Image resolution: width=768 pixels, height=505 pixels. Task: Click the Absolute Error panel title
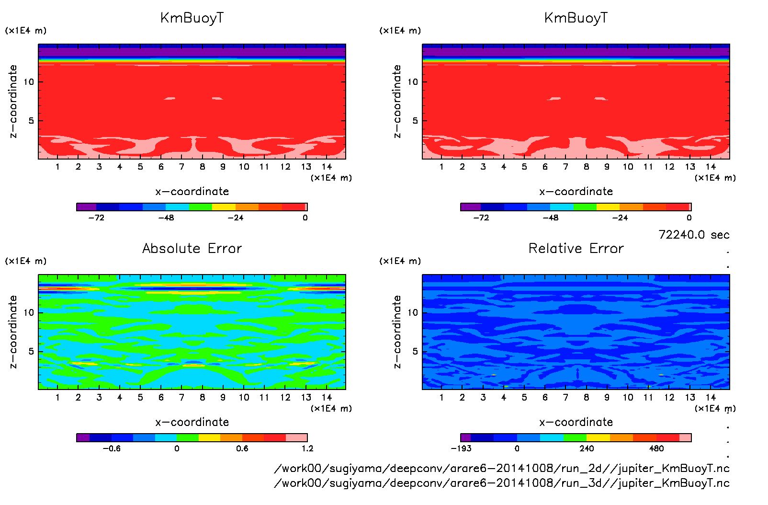(192, 248)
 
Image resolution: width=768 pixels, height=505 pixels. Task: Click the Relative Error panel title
(576, 248)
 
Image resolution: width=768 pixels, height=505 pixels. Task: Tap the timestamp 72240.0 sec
(694, 235)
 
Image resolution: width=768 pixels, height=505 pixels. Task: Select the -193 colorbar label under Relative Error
(461, 448)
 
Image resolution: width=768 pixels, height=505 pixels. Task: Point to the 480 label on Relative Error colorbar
(656, 448)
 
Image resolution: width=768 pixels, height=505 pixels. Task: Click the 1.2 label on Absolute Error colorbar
(307, 448)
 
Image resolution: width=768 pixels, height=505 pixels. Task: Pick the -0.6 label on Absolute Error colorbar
(112, 448)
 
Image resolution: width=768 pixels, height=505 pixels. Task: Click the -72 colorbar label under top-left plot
(96, 218)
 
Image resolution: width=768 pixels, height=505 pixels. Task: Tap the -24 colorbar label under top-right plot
(620, 218)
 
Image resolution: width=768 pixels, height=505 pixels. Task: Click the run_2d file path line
(502, 468)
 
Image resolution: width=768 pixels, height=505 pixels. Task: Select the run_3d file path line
(502, 483)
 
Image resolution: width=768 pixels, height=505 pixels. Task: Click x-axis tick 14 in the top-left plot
(327, 167)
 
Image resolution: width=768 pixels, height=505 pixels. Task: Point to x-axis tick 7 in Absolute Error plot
(181, 397)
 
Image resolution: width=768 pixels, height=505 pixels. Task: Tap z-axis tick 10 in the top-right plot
(413, 82)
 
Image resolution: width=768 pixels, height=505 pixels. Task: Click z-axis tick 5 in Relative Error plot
(415, 351)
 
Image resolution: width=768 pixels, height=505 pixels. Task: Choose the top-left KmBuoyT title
(192, 18)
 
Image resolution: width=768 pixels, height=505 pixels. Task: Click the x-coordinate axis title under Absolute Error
(192, 422)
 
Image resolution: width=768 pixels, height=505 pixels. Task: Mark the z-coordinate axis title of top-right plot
(397, 101)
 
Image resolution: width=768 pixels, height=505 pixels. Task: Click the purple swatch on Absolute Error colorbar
(83, 437)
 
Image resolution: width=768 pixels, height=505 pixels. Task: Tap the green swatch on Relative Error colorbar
(575, 437)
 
